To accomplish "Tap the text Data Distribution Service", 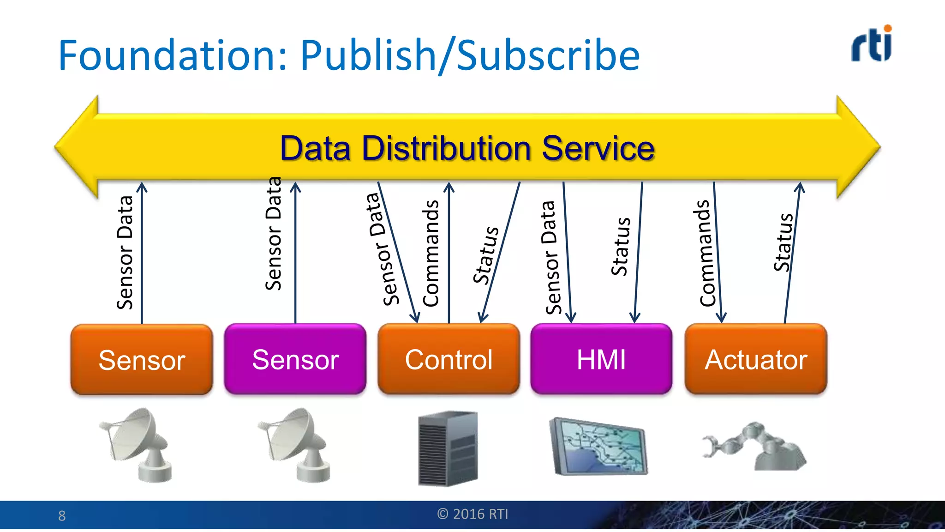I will point(467,148).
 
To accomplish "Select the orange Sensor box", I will point(142,359).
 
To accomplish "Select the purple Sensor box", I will point(295,359).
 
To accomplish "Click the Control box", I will point(449,359).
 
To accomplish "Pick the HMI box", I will point(601,359).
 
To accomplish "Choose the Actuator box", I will point(756,359).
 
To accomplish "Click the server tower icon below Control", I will point(448,448).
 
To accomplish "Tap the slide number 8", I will point(62,516).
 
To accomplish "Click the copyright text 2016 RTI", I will point(472,514).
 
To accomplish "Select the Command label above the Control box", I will point(431,253).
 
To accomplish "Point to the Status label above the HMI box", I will point(621,247).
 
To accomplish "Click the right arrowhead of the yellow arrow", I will point(858,147).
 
